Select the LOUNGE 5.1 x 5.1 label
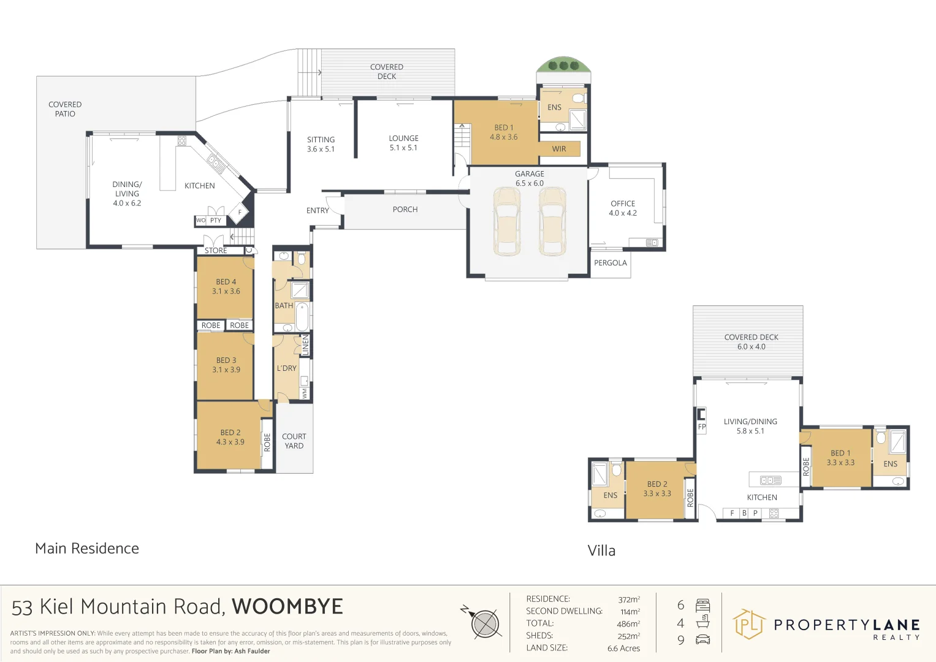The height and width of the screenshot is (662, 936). (x=403, y=143)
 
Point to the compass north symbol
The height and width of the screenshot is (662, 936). (x=484, y=623)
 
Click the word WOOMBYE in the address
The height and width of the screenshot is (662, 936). (x=287, y=607)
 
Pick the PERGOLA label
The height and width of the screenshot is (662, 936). (x=611, y=263)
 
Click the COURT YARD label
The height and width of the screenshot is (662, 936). (x=294, y=441)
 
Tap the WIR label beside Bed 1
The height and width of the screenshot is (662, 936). (x=559, y=149)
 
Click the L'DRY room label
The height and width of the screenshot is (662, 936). (x=287, y=368)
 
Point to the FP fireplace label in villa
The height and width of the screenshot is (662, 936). (x=702, y=427)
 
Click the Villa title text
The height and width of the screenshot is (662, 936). (x=601, y=550)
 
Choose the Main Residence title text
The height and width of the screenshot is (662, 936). (x=87, y=549)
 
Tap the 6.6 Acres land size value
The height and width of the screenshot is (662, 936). (x=623, y=649)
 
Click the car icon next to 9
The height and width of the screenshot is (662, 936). (x=703, y=640)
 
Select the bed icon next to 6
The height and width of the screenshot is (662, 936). (x=703, y=606)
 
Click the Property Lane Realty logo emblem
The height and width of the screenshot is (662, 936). (x=748, y=624)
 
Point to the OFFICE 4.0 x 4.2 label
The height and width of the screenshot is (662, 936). (x=623, y=208)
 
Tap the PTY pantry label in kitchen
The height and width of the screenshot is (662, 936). (x=216, y=221)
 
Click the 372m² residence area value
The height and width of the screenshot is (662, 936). (x=629, y=599)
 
